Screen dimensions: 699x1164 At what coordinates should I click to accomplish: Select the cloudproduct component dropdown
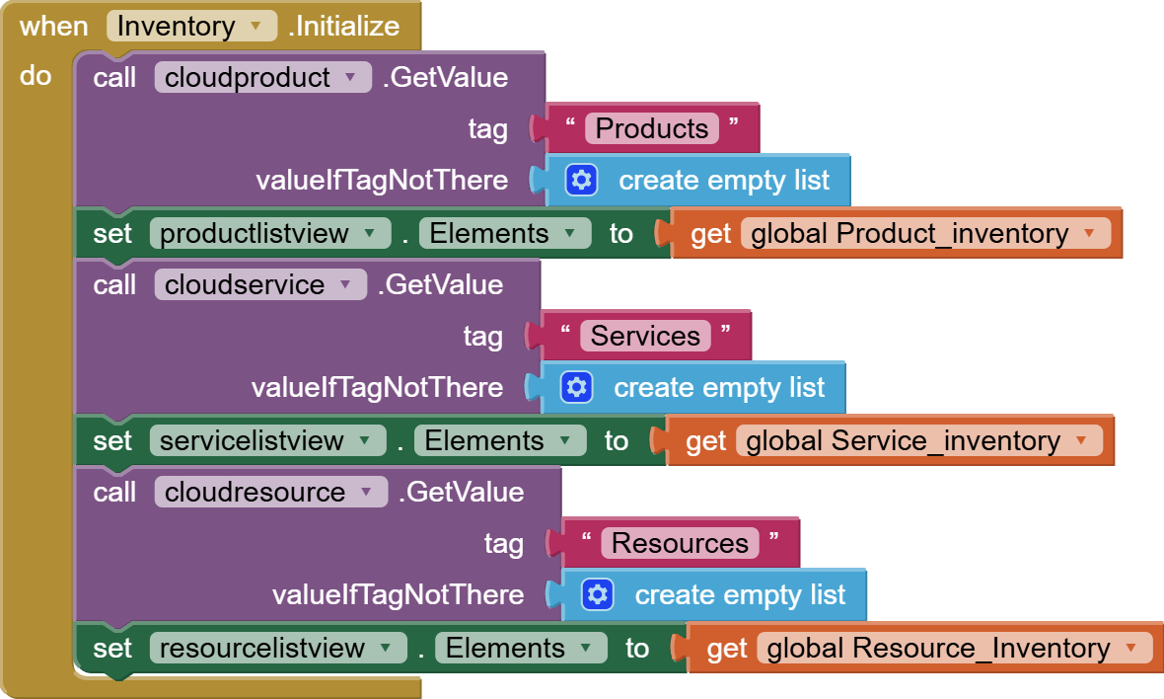pos(262,77)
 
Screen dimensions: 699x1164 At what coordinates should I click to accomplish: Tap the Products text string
pos(651,128)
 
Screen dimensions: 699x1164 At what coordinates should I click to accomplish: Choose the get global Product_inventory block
pos(710,234)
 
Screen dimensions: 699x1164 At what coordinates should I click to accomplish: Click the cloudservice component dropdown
pos(259,284)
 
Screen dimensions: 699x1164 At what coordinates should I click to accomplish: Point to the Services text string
pos(645,336)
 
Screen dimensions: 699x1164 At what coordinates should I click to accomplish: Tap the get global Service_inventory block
pos(705,441)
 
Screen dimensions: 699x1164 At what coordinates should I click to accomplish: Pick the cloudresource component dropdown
pos(270,492)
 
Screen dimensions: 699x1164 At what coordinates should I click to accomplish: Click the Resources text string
pos(680,543)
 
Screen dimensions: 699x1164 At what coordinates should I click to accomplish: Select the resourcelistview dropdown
pos(277,648)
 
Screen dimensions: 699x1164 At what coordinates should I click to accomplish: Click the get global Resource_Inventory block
pos(726,649)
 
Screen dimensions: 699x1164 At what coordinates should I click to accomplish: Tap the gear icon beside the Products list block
pos(581,180)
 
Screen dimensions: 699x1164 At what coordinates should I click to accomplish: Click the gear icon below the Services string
pos(576,387)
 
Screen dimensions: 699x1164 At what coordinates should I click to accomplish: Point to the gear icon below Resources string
pos(598,594)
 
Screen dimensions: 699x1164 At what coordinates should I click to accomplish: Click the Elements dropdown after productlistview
pos(504,233)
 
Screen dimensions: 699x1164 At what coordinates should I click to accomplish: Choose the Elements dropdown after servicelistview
pos(499,440)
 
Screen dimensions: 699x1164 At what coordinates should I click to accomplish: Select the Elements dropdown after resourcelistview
pos(521,648)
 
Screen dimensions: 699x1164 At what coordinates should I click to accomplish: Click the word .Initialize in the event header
pos(344,26)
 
